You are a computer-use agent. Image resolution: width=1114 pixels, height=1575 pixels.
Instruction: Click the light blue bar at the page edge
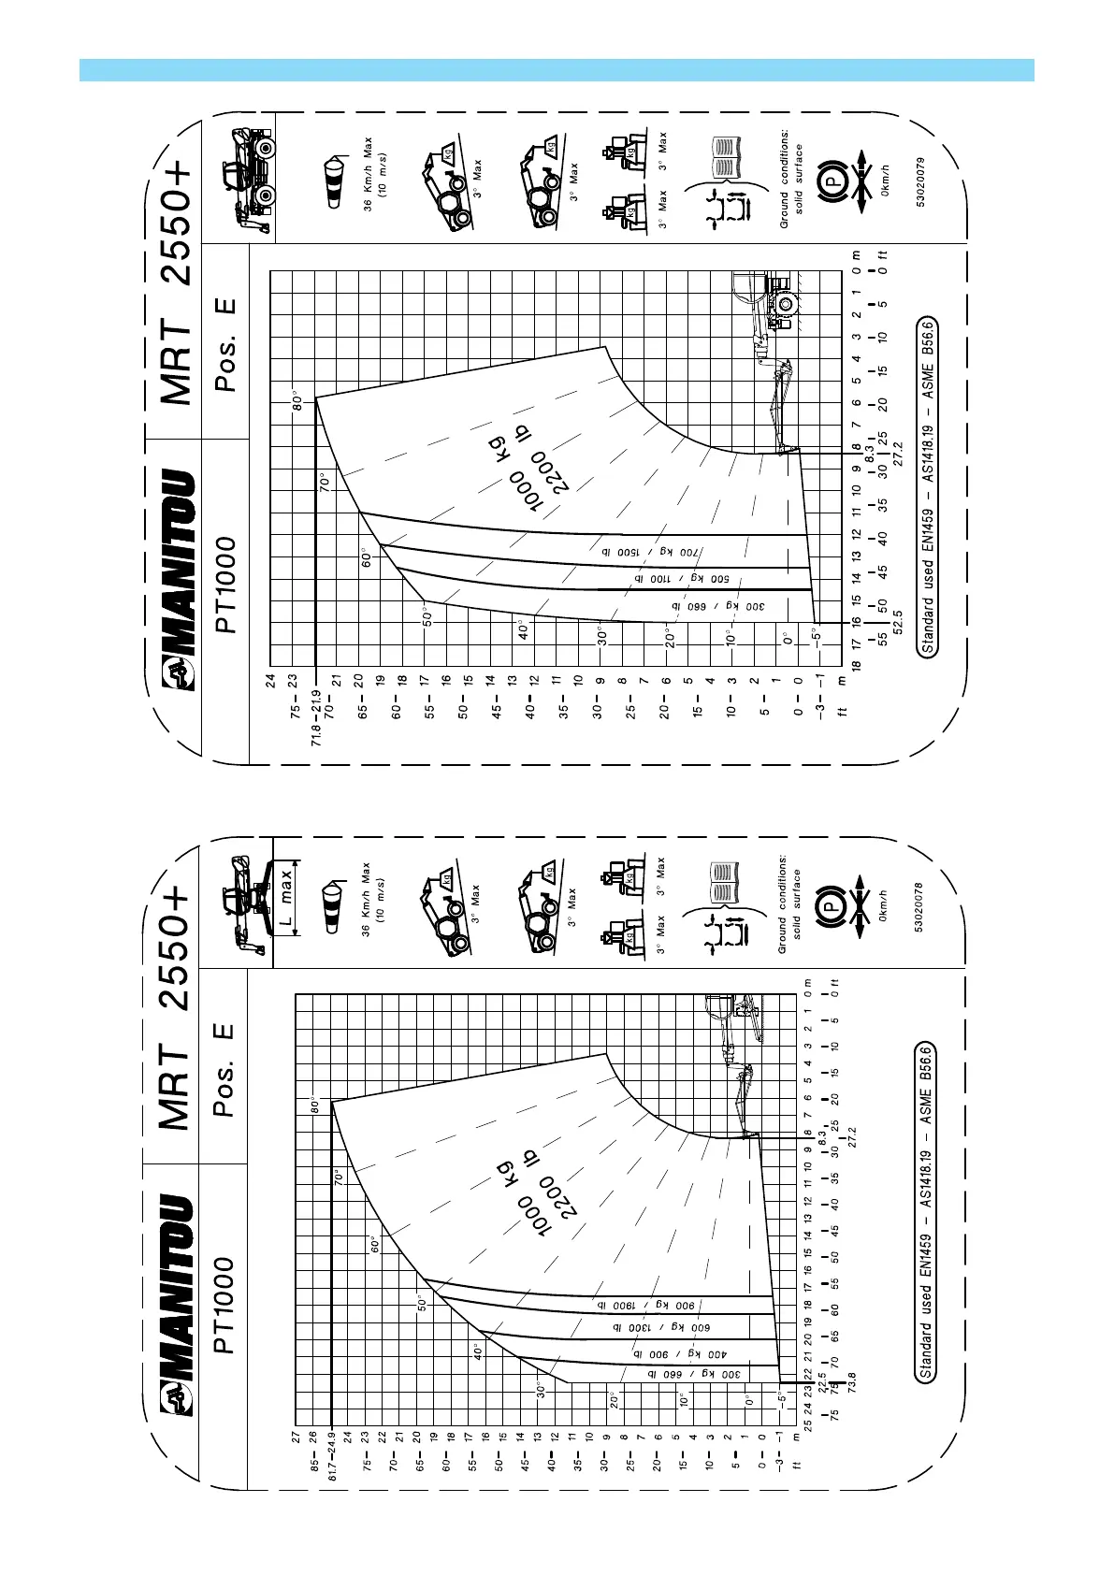point(557,70)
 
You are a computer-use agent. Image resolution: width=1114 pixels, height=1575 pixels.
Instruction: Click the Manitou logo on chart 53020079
point(179,580)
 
